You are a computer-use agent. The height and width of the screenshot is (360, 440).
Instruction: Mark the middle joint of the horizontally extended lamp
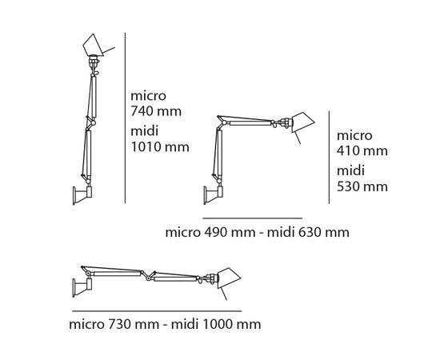pos(148,275)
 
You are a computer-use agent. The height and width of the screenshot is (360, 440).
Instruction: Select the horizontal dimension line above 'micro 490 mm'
pos(252,218)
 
